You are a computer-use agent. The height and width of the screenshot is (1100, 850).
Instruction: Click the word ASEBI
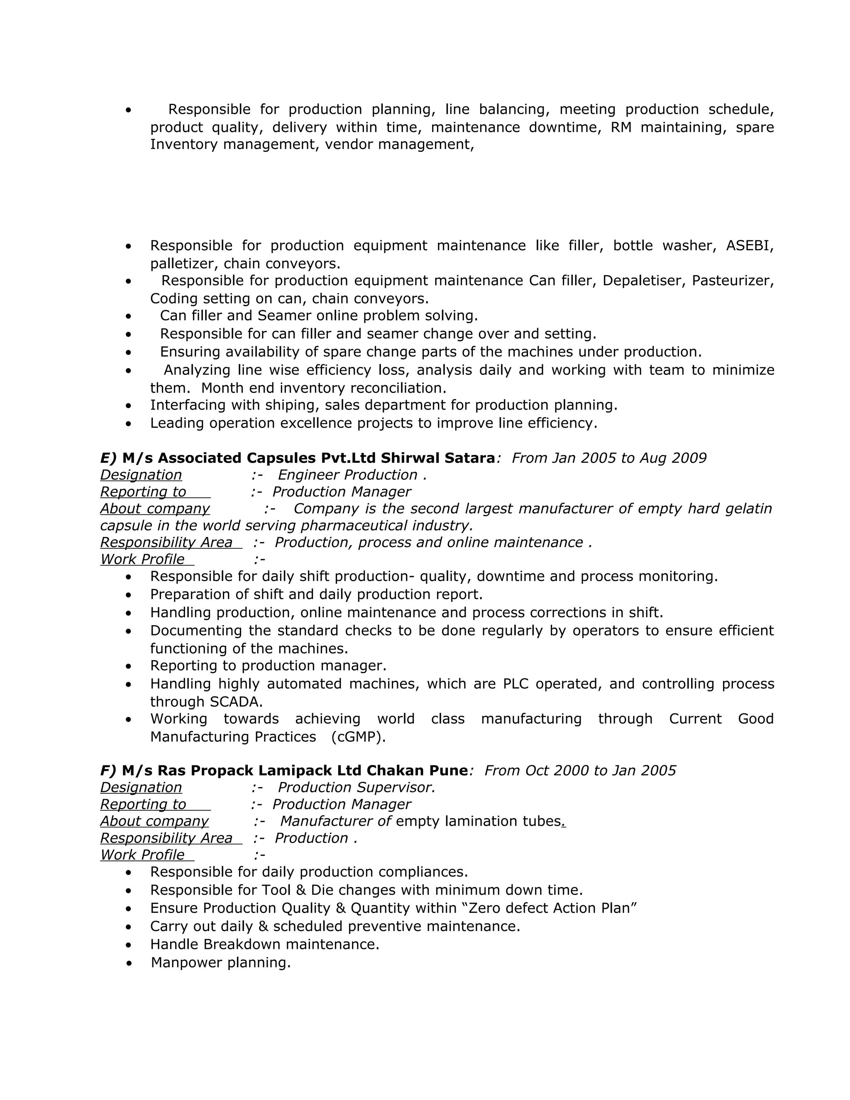tap(749, 246)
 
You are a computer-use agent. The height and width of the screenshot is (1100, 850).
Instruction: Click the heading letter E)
tap(108, 458)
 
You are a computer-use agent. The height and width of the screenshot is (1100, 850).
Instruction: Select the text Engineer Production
tap(348, 475)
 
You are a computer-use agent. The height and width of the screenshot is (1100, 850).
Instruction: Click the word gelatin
tap(748, 509)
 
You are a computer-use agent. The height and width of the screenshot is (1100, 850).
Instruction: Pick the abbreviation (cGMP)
tap(359, 737)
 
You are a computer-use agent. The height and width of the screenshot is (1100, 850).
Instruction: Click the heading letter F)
tap(108, 770)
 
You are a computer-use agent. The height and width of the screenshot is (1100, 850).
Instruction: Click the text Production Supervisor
tap(356, 788)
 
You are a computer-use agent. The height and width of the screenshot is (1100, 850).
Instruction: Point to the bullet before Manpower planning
tap(129, 963)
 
